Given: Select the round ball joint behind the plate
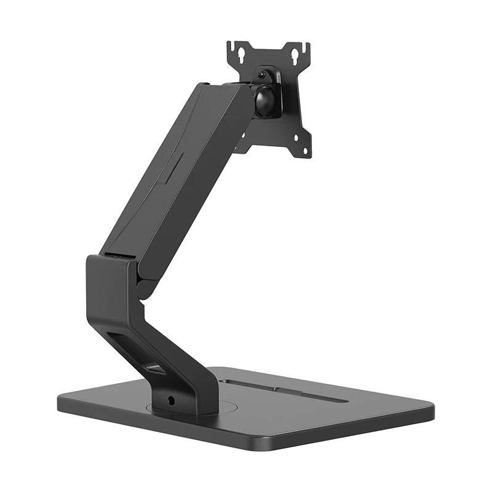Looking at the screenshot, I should [267, 100].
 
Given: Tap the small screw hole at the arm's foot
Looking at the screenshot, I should [172, 400].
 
